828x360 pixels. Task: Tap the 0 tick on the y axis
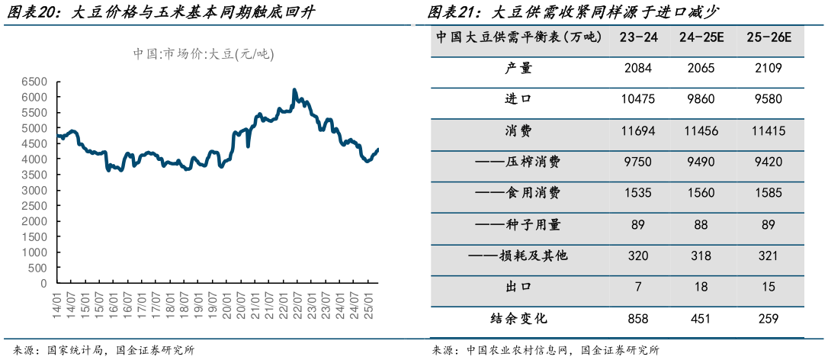coord(44,283)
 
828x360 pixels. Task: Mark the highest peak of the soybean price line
coord(294,89)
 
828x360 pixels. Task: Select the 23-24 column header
coord(639,37)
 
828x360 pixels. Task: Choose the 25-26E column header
coord(769,37)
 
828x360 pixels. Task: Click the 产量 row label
coord(518,69)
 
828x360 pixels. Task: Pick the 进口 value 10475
coord(639,100)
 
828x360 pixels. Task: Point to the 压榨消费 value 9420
coord(769,162)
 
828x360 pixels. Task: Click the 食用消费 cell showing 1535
coord(639,193)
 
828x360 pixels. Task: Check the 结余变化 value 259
coord(769,318)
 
